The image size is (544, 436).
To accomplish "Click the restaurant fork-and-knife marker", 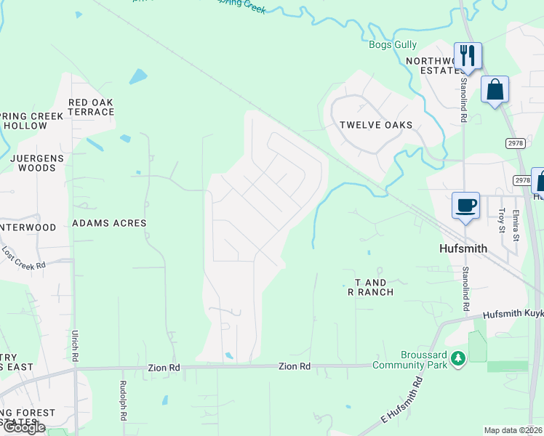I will [x=468, y=55].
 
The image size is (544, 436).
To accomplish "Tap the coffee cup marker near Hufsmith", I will [x=465, y=204].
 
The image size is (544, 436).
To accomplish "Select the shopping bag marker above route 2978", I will [x=495, y=90].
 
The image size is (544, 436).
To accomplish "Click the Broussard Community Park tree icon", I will [x=457, y=358].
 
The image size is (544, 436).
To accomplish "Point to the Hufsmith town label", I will [x=463, y=249].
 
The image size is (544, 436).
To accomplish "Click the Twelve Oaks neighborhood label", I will [x=376, y=125].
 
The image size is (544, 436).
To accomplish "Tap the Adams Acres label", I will [x=109, y=224].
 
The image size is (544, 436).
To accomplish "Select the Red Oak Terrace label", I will [x=91, y=108].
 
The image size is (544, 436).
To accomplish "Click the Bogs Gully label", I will [x=392, y=45].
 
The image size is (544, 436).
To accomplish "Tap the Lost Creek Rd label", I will [x=24, y=258].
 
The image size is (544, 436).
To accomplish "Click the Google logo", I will [x=23, y=427].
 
